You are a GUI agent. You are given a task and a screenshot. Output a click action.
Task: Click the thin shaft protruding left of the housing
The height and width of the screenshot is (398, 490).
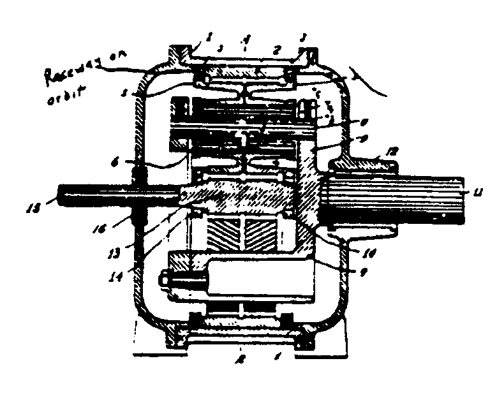click(x=96, y=193)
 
